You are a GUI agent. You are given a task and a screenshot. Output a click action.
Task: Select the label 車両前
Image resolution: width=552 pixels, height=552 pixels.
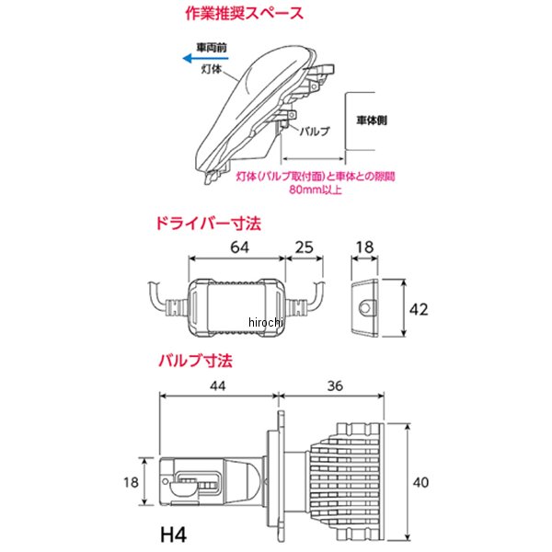pyautogui.click(x=212, y=47)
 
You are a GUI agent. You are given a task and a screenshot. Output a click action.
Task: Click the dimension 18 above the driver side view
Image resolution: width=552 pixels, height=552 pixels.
pyautogui.click(x=365, y=247)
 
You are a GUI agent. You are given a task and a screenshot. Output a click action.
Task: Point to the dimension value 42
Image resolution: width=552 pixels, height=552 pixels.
pyautogui.click(x=419, y=309)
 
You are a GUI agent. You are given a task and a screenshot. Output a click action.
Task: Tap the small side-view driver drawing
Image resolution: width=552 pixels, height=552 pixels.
pyautogui.click(x=366, y=307)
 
